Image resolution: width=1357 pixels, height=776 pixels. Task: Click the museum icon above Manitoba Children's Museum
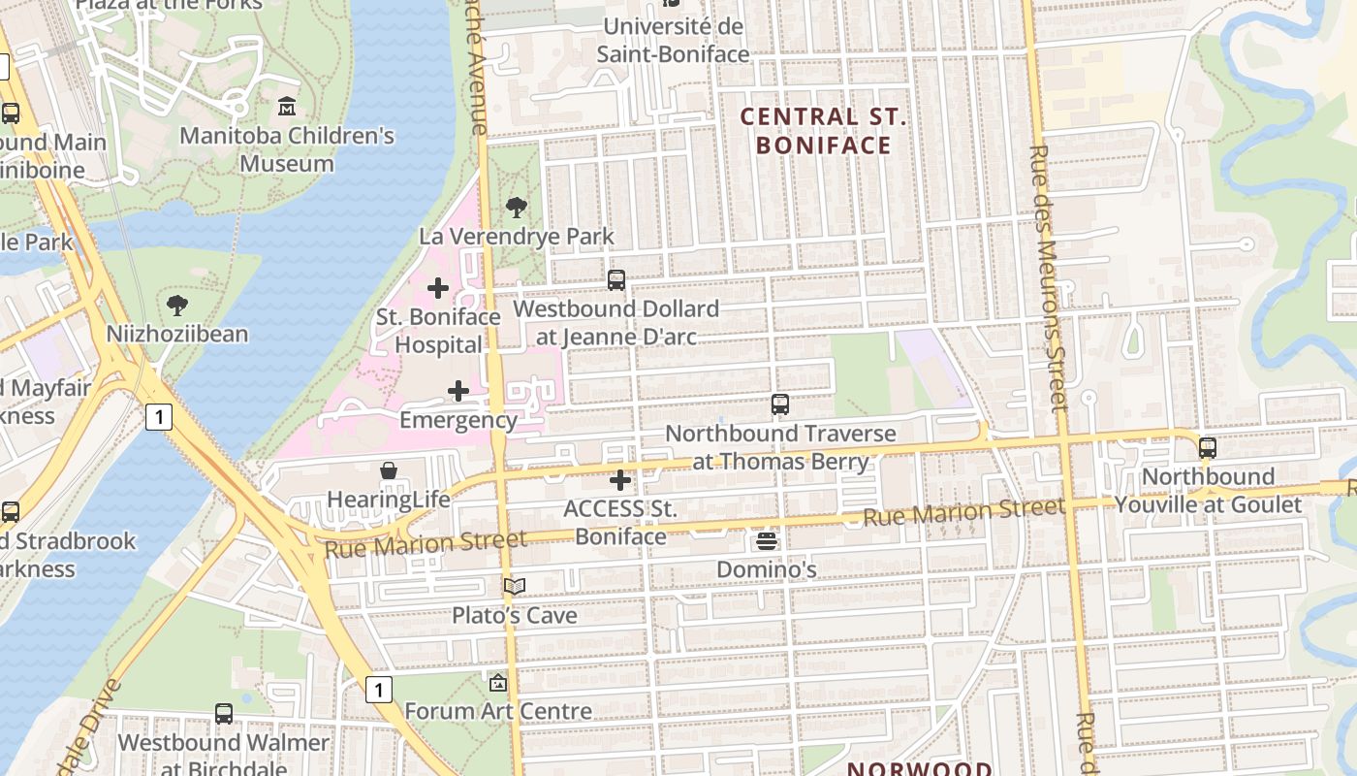(x=287, y=105)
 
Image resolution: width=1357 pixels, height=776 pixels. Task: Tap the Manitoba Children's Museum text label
(x=287, y=149)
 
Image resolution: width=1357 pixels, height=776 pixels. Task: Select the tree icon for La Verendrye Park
(x=517, y=207)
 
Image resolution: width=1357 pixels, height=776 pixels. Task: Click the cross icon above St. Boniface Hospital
(x=438, y=288)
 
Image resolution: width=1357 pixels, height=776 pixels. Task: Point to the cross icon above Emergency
(x=458, y=391)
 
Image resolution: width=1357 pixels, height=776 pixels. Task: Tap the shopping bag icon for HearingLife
(x=389, y=470)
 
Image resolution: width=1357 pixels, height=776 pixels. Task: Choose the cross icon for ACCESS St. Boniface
(x=620, y=479)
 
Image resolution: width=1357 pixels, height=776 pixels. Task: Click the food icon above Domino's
(x=767, y=540)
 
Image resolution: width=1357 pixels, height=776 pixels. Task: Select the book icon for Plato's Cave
(x=514, y=586)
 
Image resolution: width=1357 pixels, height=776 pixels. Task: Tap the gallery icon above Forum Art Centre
(x=498, y=682)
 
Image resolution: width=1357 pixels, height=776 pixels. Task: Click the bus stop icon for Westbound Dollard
(x=616, y=280)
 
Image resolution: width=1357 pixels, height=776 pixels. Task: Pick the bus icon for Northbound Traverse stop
(x=780, y=404)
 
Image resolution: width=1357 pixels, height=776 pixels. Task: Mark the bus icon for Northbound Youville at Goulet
(x=1208, y=447)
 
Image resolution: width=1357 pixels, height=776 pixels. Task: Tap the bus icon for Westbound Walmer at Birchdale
(x=224, y=714)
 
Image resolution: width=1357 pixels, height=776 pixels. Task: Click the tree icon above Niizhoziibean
(x=177, y=306)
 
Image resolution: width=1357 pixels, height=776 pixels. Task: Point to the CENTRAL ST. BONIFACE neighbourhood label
(x=823, y=131)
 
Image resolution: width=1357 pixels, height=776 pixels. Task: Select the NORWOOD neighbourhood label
(x=920, y=768)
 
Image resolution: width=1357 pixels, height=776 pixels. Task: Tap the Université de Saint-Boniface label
(x=673, y=40)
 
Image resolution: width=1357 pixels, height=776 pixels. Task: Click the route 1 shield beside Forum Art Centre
(x=379, y=690)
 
